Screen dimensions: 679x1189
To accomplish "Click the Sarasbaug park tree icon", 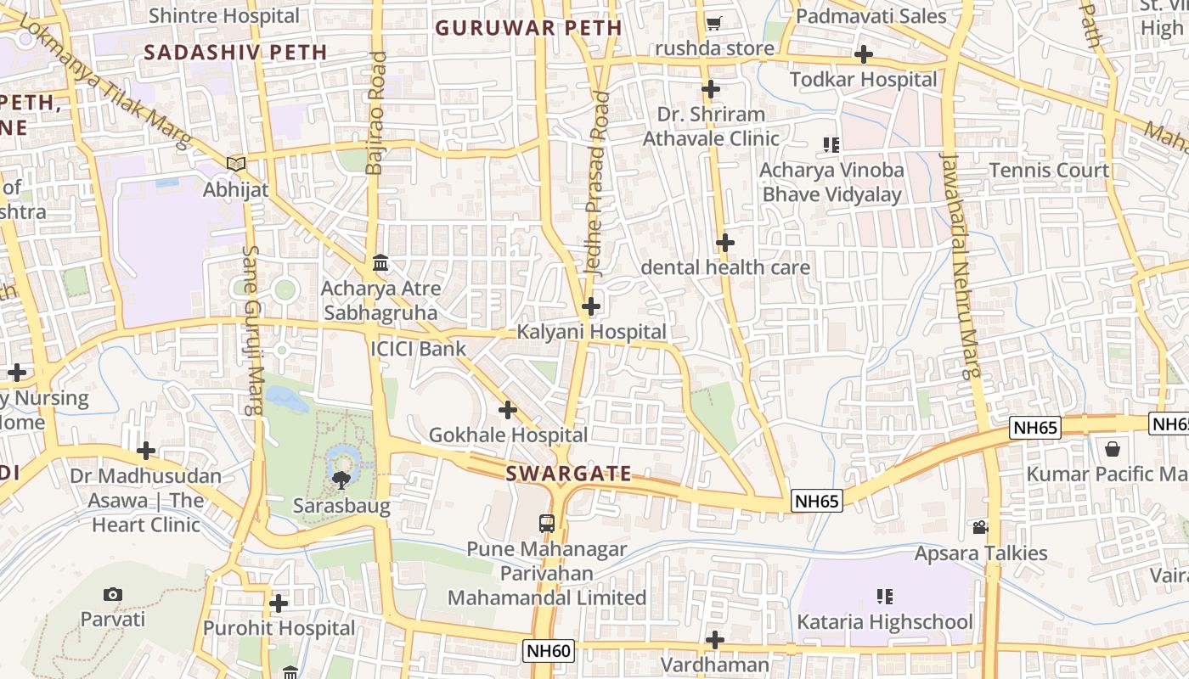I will pyautogui.click(x=341, y=480).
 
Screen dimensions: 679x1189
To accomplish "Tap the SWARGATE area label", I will pyautogui.click(x=568, y=474).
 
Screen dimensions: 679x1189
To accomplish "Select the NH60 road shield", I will pyautogui.click(x=549, y=651).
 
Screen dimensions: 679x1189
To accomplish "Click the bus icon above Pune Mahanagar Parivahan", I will pyautogui.click(x=547, y=523).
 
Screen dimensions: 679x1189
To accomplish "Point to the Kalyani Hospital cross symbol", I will pyautogui.click(x=591, y=306).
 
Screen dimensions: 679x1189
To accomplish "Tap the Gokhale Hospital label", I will pyautogui.click(x=508, y=435).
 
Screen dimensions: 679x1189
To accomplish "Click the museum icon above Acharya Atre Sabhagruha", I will pyautogui.click(x=380, y=263).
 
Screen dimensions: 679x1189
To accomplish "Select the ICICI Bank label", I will pyautogui.click(x=418, y=349).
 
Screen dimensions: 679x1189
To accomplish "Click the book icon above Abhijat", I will pyautogui.click(x=236, y=164).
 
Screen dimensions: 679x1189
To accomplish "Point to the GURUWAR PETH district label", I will pyautogui.click(x=528, y=28).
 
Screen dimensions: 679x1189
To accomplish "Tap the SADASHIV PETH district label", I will pyautogui.click(x=235, y=52).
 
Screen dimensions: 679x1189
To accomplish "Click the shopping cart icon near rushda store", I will pyautogui.click(x=713, y=23).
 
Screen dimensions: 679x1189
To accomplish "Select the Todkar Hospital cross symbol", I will pyautogui.click(x=864, y=55).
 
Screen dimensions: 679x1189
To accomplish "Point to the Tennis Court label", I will pyautogui.click(x=1049, y=170).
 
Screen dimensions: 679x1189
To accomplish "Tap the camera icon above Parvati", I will pyautogui.click(x=113, y=594).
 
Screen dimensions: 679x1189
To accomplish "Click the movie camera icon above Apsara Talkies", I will pyautogui.click(x=980, y=528).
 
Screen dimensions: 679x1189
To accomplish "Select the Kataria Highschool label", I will pyautogui.click(x=884, y=622).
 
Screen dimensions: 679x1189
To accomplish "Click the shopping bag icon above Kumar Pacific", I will pyautogui.click(x=1113, y=448).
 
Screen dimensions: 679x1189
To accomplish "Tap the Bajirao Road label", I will pyautogui.click(x=376, y=113).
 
